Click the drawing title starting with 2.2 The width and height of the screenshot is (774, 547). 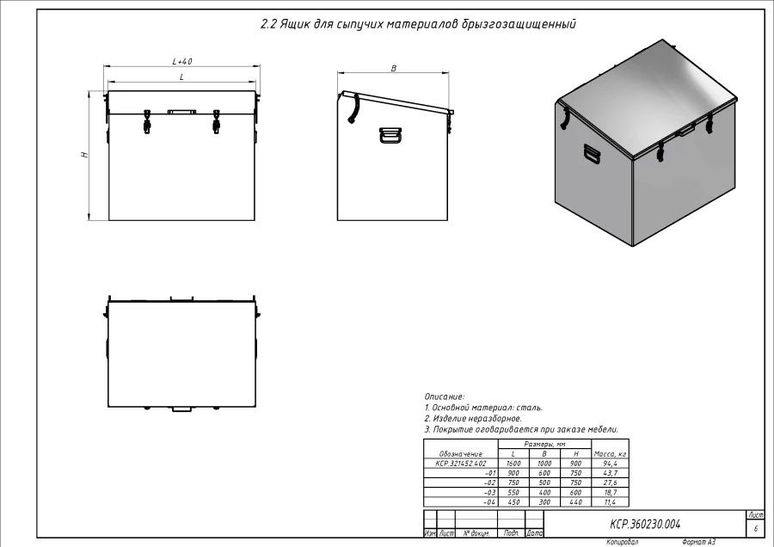tap(417, 24)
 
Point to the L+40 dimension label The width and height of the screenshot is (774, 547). tap(181, 61)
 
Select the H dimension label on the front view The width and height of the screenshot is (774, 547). tap(84, 155)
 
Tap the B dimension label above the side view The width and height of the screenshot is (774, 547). tap(393, 68)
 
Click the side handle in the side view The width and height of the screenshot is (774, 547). tap(390, 136)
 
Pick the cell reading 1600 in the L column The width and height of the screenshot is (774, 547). tap(513, 463)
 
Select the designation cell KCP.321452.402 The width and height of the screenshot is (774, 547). tap(461, 463)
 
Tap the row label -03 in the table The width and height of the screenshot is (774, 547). tap(490, 492)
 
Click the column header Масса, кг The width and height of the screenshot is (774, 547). tap(610, 453)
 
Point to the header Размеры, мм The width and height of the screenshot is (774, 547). tap(544, 444)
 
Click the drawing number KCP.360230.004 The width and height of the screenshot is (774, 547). tap(645, 523)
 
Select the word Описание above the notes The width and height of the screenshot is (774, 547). tap(445, 396)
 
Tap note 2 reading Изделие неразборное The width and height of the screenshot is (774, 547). tap(473, 418)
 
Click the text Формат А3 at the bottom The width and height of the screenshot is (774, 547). tap(698, 543)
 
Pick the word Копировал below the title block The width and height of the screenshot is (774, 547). tap(622, 543)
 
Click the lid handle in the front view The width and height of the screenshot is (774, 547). tap(181, 111)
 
